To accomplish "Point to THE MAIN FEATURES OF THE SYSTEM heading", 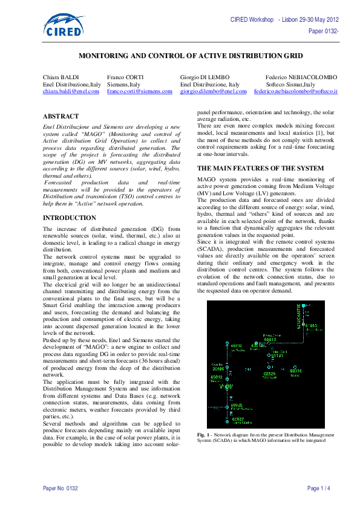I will (261, 167).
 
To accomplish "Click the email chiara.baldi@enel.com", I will (70, 91).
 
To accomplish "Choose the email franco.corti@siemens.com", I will (140, 91).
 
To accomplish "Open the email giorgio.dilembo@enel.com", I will (213, 91).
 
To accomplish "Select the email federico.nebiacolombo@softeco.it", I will (296, 91).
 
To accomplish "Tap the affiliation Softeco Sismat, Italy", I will (292, 84).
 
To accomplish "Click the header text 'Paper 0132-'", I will (323, 30).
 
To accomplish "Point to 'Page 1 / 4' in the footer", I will (318, 488).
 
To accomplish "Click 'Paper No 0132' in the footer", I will (60, 488).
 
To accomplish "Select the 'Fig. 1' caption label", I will (203, 435).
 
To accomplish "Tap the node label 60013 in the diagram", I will (270, 340).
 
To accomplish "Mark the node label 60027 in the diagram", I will (237, 418).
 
